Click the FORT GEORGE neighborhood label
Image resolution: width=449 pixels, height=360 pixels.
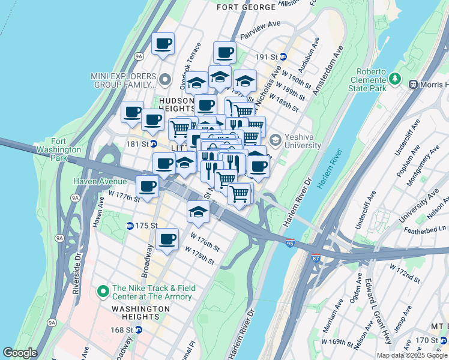pyautogui.click(x=246, y=7)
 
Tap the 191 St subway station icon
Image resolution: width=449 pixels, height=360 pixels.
pyautogui.click(x=284, y=56)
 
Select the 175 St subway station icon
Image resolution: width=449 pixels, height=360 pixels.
pyautogui.click(x=130, y=226)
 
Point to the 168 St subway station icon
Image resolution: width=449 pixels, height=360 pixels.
pyautogui.click(x=139, y=329)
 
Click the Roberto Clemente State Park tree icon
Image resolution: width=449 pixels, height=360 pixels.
pyautogui.click(x=395, y=78)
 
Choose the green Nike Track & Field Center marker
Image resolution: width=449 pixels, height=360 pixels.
pyautogui.click(x=103, y=292)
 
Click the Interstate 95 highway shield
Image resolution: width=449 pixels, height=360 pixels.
pyautogui.click(x=291, y=243)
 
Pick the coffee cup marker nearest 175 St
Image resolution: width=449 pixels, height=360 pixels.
pyautogui.click(x=167, y=239)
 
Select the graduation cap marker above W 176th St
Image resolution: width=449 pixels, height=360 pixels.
pyautogui.click(x=198, y=211)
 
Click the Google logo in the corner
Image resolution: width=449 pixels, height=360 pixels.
pyautogui.click(x=20, y=353)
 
